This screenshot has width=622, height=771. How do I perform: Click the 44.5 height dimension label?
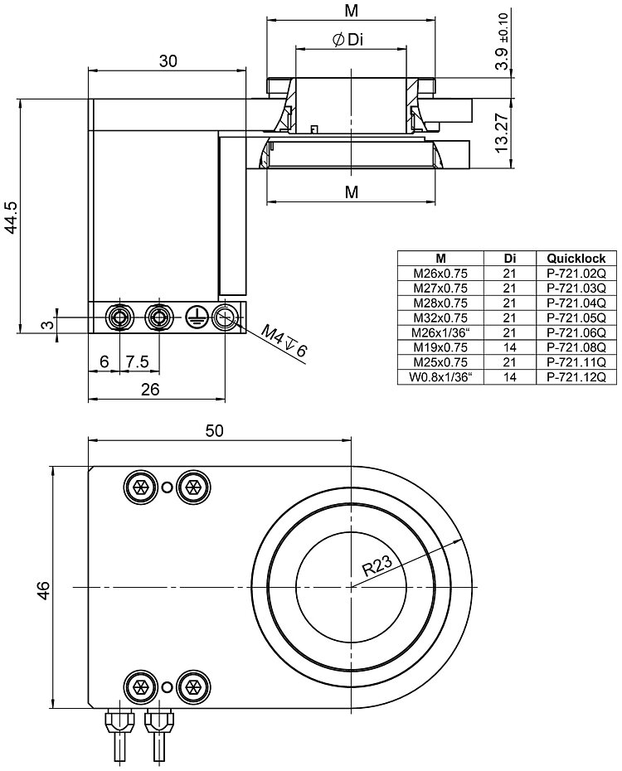coord(11,217)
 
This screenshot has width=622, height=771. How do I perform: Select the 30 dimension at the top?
coord(168,61)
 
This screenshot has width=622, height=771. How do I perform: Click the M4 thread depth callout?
coord(284,341)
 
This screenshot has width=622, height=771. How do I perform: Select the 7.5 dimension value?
coord(137,362)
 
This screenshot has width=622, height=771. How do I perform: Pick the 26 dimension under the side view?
coord(150,390)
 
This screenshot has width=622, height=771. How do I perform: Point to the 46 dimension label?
coord(45,589)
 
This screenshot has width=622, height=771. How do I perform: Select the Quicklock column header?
coord(576,258)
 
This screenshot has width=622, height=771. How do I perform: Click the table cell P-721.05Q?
coord(576,318)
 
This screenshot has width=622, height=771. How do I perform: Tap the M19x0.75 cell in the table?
coord(441,347)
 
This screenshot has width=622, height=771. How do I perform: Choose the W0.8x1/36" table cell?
coord(441,377)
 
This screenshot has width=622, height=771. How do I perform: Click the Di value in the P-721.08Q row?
coord(509,347)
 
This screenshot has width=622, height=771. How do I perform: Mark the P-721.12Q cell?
coord(576,377)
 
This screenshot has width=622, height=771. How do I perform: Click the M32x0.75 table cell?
coord(441,318)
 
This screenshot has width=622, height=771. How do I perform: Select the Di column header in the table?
coord(509,258)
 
